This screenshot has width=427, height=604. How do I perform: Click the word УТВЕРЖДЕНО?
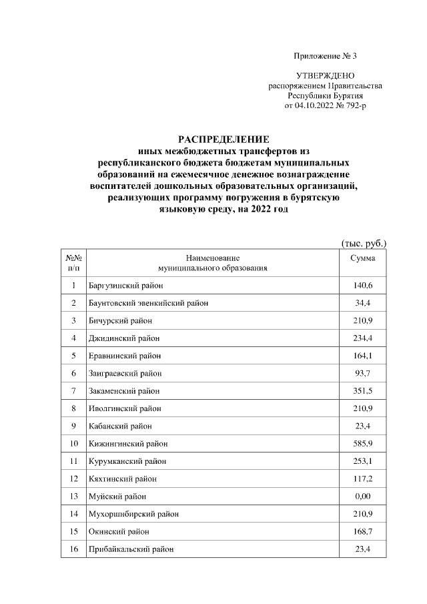(x=325, y=77)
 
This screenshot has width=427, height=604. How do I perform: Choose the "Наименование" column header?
(x=213, y=258)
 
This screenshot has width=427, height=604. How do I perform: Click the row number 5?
(x=73, y=355)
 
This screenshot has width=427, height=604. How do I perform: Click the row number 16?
(x=73, y=549)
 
